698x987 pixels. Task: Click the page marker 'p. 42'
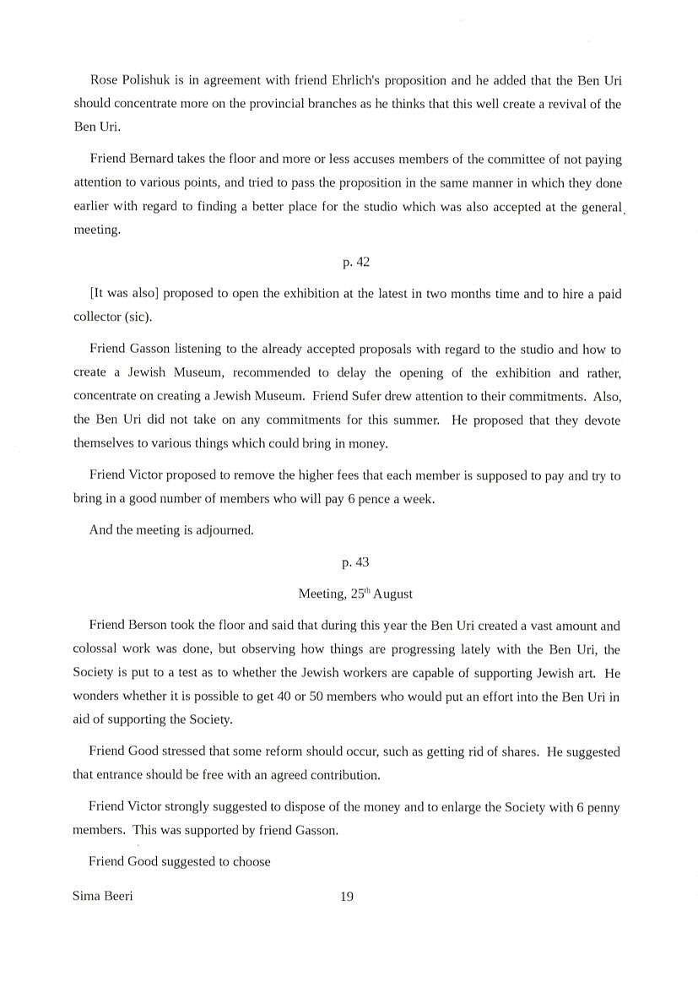pos(356,263)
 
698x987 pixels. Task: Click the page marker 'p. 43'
pos(356,561)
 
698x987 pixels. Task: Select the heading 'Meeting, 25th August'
pos(355,594)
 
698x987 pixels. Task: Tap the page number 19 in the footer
pos(346,897)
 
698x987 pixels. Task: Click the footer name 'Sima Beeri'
pos(103,897)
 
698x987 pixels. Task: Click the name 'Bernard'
pos(158,159)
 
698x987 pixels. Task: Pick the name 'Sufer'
pos(424,397)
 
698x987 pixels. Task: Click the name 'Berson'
pos(158,626)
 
